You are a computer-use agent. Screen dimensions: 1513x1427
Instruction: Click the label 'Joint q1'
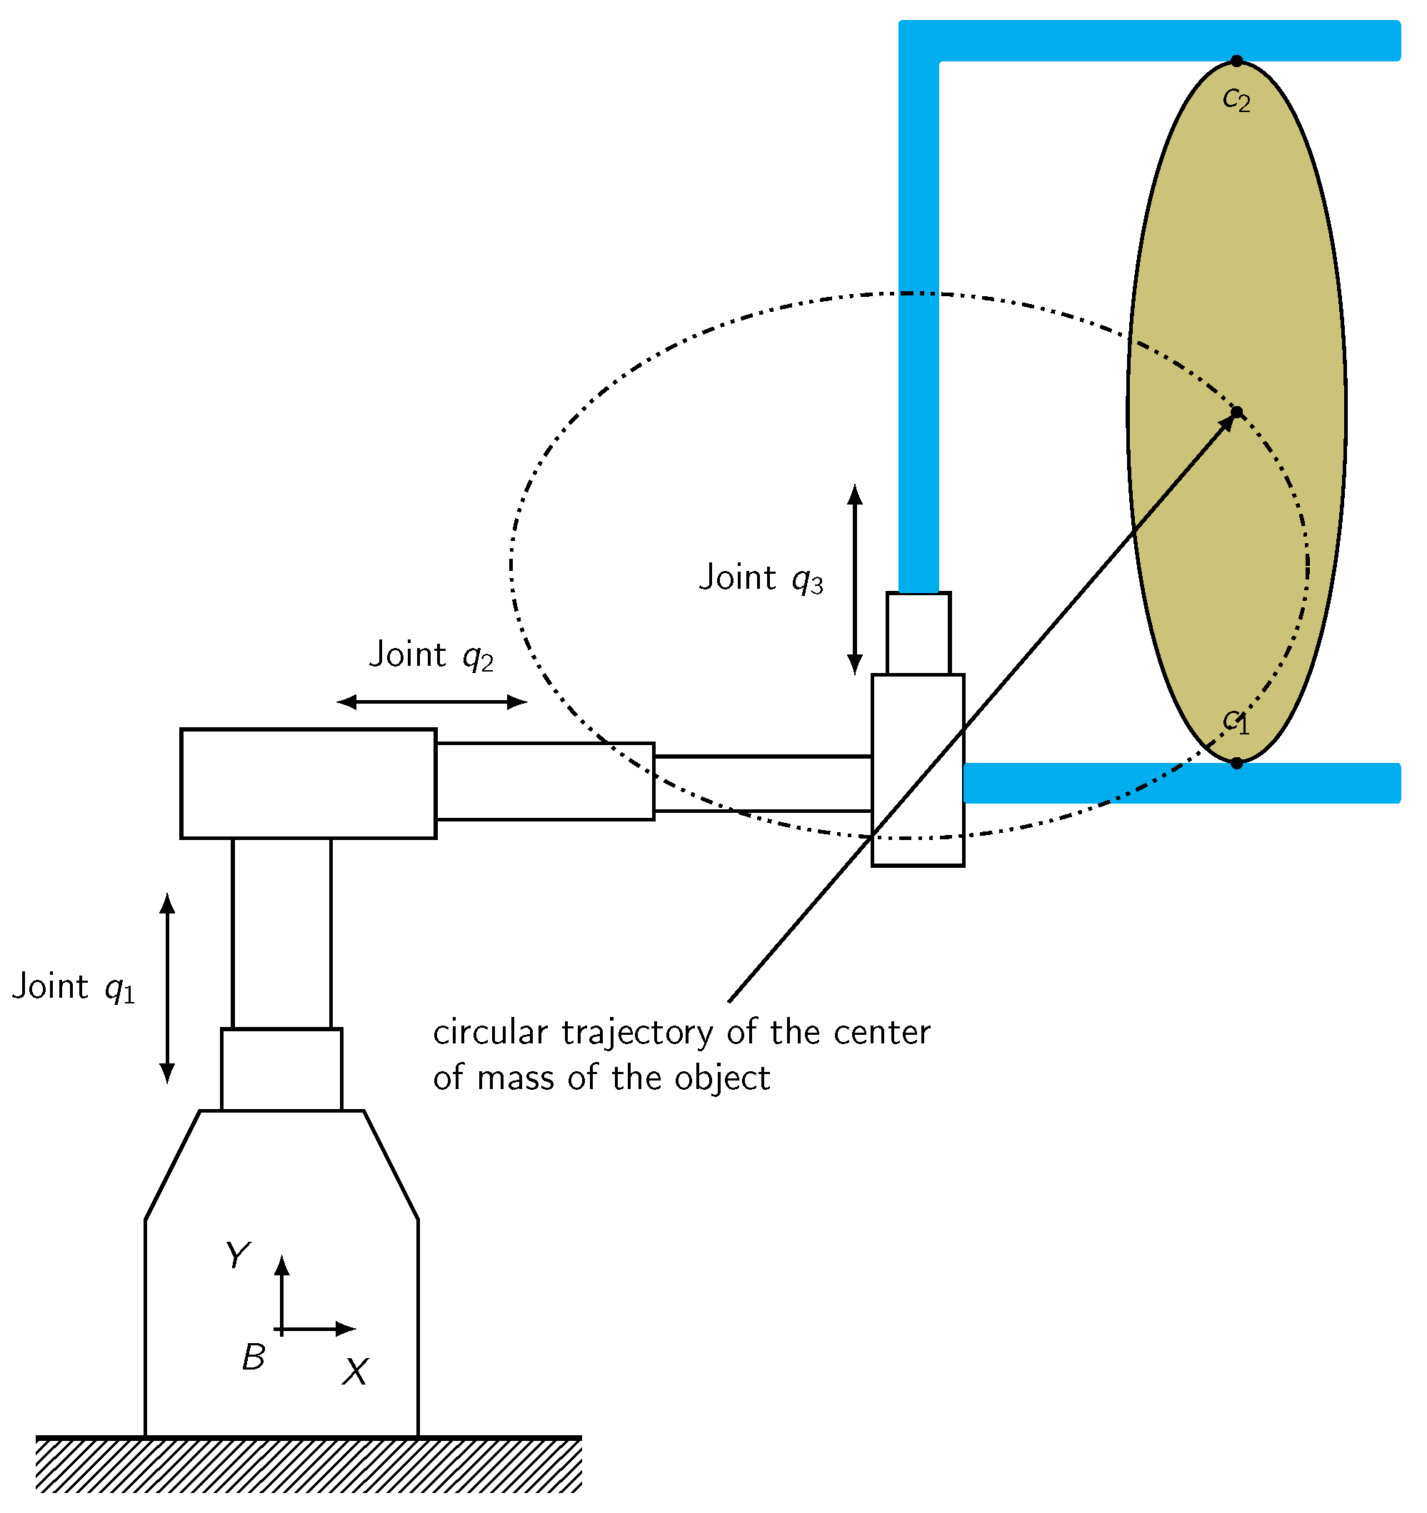coord(74,989)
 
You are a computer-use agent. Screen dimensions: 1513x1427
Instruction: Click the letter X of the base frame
coord(355,1372)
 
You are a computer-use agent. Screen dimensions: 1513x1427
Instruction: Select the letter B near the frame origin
coord(254,1357)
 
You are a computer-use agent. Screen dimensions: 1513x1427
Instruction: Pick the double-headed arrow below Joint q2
coord(432,702)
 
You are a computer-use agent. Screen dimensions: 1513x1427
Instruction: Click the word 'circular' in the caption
coord(490,1033)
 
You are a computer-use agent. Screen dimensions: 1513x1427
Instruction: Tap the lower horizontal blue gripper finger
coord(1181,783)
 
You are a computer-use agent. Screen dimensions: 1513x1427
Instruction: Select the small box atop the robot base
coord(281,1069)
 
